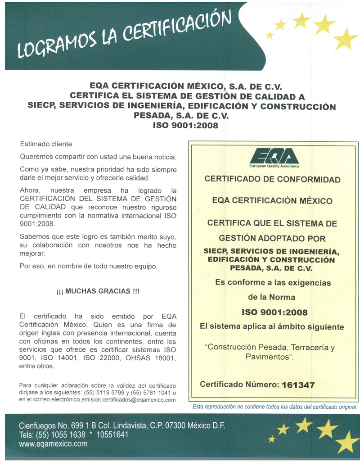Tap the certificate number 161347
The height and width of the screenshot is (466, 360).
click(x=297, y=385)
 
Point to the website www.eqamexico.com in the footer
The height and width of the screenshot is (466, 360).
click(x=53, y=444)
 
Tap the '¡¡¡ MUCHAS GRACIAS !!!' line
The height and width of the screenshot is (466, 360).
click(x=98, y=291)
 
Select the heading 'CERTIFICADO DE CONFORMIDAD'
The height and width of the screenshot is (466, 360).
click(x=272, y=179)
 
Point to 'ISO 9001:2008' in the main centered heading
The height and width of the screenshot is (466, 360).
click(x=185, y=125)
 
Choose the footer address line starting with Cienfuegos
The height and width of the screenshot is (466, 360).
click(x=122, y=425)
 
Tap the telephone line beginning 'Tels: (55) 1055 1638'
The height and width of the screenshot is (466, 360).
click(x=74, y=434)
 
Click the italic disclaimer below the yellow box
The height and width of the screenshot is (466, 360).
click(x=274, y=407)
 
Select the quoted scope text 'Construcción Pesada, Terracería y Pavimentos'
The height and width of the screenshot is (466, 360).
click(x=273, y=352)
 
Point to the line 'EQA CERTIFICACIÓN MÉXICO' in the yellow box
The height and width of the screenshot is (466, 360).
click(x=272, y=201)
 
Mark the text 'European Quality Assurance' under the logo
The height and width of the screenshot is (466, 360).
click(x=274, y=166)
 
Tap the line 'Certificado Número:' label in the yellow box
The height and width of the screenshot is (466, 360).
click(x=239, y=385)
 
